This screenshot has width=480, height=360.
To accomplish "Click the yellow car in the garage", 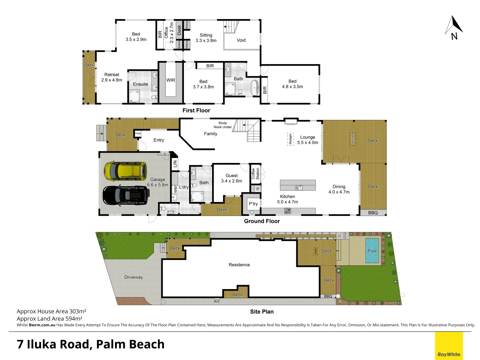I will [125, 171].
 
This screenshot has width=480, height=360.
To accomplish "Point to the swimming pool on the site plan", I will [372, 251].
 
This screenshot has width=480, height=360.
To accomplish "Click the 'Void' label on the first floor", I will [241, 40].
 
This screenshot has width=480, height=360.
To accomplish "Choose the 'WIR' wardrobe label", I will [171, 80].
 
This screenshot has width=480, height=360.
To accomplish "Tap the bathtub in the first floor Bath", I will [255, 88].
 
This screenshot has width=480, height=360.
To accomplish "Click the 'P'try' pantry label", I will [253, 204].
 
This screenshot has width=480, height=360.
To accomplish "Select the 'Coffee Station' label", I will [255, 174].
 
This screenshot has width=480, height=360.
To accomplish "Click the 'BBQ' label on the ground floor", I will [373, 213].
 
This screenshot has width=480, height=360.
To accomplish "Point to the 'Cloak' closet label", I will [138, 133].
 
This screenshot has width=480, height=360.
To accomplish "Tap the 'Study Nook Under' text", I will [223, 125].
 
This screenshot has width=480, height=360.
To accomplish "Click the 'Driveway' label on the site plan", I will [133, 277].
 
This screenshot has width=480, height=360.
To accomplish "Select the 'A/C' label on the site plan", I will [217, 301].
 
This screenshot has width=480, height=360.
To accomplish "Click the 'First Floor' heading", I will [196, 110].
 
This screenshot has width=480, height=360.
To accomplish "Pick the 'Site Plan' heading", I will [262, 312].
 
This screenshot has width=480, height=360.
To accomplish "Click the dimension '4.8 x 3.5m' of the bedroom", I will [292, 87].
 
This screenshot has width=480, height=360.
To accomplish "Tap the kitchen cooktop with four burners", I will [287, 211].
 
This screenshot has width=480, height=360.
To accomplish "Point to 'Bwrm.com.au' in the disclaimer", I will [42, 325].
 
